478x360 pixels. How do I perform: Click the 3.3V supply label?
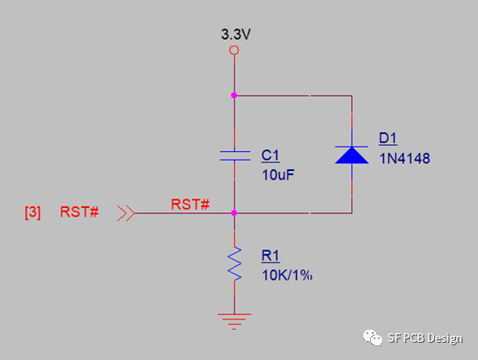click(236, 35)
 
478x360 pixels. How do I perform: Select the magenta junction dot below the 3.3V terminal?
click(234, 96)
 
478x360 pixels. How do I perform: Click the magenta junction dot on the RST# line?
click(234, 213)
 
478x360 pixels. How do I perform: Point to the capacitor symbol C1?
click(235, 155)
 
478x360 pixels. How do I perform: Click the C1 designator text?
click(270, 155)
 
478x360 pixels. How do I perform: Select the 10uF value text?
click(278, 175)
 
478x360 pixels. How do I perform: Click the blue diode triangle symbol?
click(351, 155)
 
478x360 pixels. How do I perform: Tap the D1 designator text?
click(387, 138)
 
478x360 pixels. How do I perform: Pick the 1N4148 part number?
click(405, 159)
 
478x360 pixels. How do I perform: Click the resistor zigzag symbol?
click(235, 263)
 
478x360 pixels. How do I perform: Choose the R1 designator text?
click(270, 256)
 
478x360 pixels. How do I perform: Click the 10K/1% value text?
click(286, 275)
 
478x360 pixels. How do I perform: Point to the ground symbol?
click(234, 321)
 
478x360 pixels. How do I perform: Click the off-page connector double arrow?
click(126, 213)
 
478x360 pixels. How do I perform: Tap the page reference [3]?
click(33, 212)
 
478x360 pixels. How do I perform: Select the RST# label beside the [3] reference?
click(79, 212)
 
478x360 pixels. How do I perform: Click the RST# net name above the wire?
click(190, 205)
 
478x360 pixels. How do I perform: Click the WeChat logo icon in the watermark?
click(372, 338)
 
